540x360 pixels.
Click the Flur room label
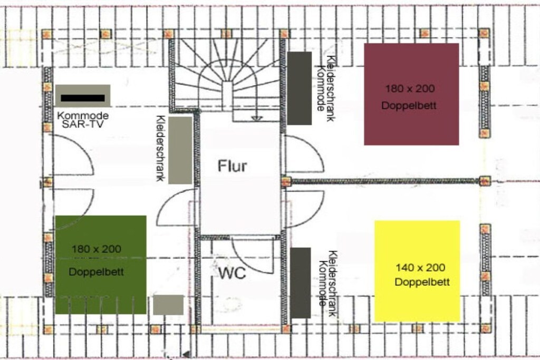click(233, 166)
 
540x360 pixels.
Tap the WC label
click(233, 273)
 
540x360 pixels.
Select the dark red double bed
click(411, 94)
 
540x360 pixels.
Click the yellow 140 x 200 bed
click(417, 271)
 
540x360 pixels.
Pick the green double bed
click(101, 265)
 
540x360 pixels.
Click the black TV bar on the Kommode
click(83, 98)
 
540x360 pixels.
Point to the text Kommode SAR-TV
click(83, 120)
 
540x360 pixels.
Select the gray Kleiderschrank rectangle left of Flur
click(180, 150)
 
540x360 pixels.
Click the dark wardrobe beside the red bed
click(300, 88)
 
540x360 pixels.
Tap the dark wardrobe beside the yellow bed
click(301, 283)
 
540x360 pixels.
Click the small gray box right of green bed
click(168, 305)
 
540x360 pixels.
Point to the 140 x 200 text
click(420, 267)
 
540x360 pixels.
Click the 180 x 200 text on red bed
click(410, 89)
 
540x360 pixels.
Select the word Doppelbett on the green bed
click(96, 272)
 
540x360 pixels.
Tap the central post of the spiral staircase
click(226, 92)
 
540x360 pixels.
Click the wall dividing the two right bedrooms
click(385, 181)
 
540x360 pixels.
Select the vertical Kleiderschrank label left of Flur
click(160, 148)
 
